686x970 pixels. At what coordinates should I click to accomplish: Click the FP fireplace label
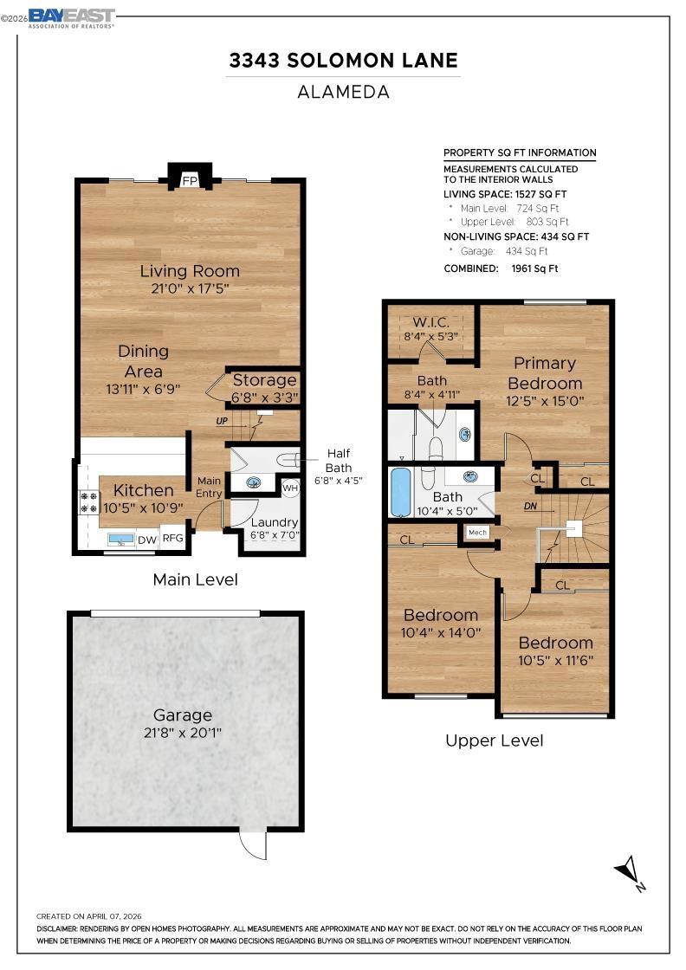(x=190, y=181)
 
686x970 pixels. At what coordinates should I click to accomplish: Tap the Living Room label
(x=190, y=271)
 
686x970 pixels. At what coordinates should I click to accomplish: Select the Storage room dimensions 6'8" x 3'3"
(x=265, y=397)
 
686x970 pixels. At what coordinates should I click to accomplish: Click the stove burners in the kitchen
(x=89, y=501)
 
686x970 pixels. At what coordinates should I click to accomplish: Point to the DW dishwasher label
(x=147, y=540)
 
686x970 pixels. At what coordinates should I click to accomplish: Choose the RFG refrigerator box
(x=173, y=538)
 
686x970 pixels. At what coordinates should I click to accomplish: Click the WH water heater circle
(x=290, y=488)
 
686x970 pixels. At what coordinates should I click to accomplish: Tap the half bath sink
(x=252, y=482)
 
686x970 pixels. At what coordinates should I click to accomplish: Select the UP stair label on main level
(x=222, y=421)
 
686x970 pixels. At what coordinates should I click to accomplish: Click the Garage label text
(x=183, y=715)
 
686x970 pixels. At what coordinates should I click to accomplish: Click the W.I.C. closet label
(x=431, y=322)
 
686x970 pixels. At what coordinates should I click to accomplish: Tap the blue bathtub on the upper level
(x=401, y=493)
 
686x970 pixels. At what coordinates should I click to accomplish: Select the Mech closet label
(x=477, y=532)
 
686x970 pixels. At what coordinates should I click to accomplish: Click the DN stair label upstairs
(x=530, y=506)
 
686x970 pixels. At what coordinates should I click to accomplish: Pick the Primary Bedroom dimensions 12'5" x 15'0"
(x=545, y=401)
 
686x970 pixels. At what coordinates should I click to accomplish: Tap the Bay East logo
(x=72, y=17)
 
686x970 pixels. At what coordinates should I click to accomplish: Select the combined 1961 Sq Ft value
(x=534, y=268)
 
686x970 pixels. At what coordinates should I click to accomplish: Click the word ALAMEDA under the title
(x=343, y=92)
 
